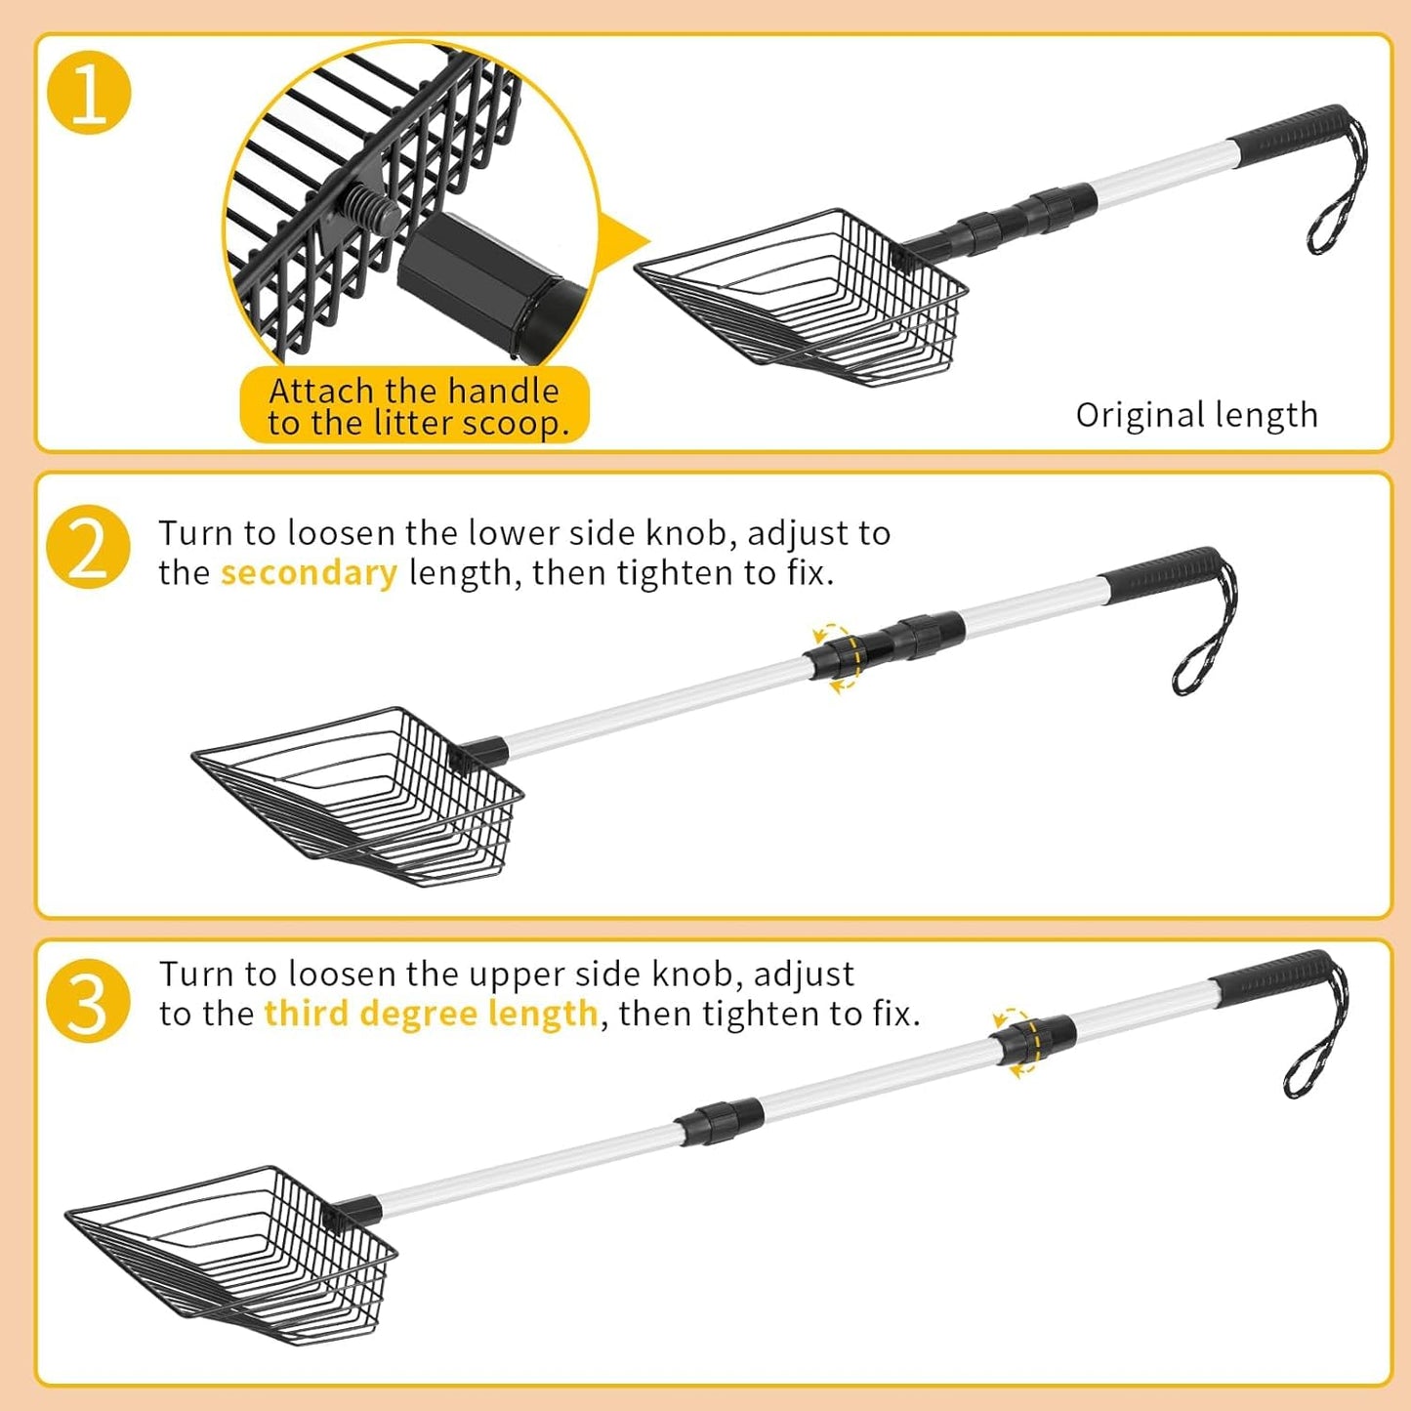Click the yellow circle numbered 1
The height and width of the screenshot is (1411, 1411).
pyautogui.click(x=89, y=92)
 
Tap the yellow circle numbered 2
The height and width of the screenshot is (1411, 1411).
pyautogui.click(x=88, y=547)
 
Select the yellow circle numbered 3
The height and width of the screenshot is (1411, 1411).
pyautogui.click(x=88, y=1001)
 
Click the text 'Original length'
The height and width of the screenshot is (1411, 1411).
pyautogui.click(x=1196, y=416)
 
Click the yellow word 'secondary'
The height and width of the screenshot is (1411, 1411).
pyautogui.click(x=309, y=572)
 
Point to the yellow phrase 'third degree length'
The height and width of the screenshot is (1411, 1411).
pyautogui.click(x=432, y=1015)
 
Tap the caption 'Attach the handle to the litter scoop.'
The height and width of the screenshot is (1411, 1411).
pyautogui.click(x=414, y=406)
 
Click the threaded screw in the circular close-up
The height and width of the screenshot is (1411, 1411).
pyautogui.click(x=371, y=206)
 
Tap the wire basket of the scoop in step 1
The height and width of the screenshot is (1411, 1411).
pyautogui.click(x=802, y=297)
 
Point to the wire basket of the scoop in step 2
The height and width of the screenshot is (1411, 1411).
pyautogui.click(x=358, y=796)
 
